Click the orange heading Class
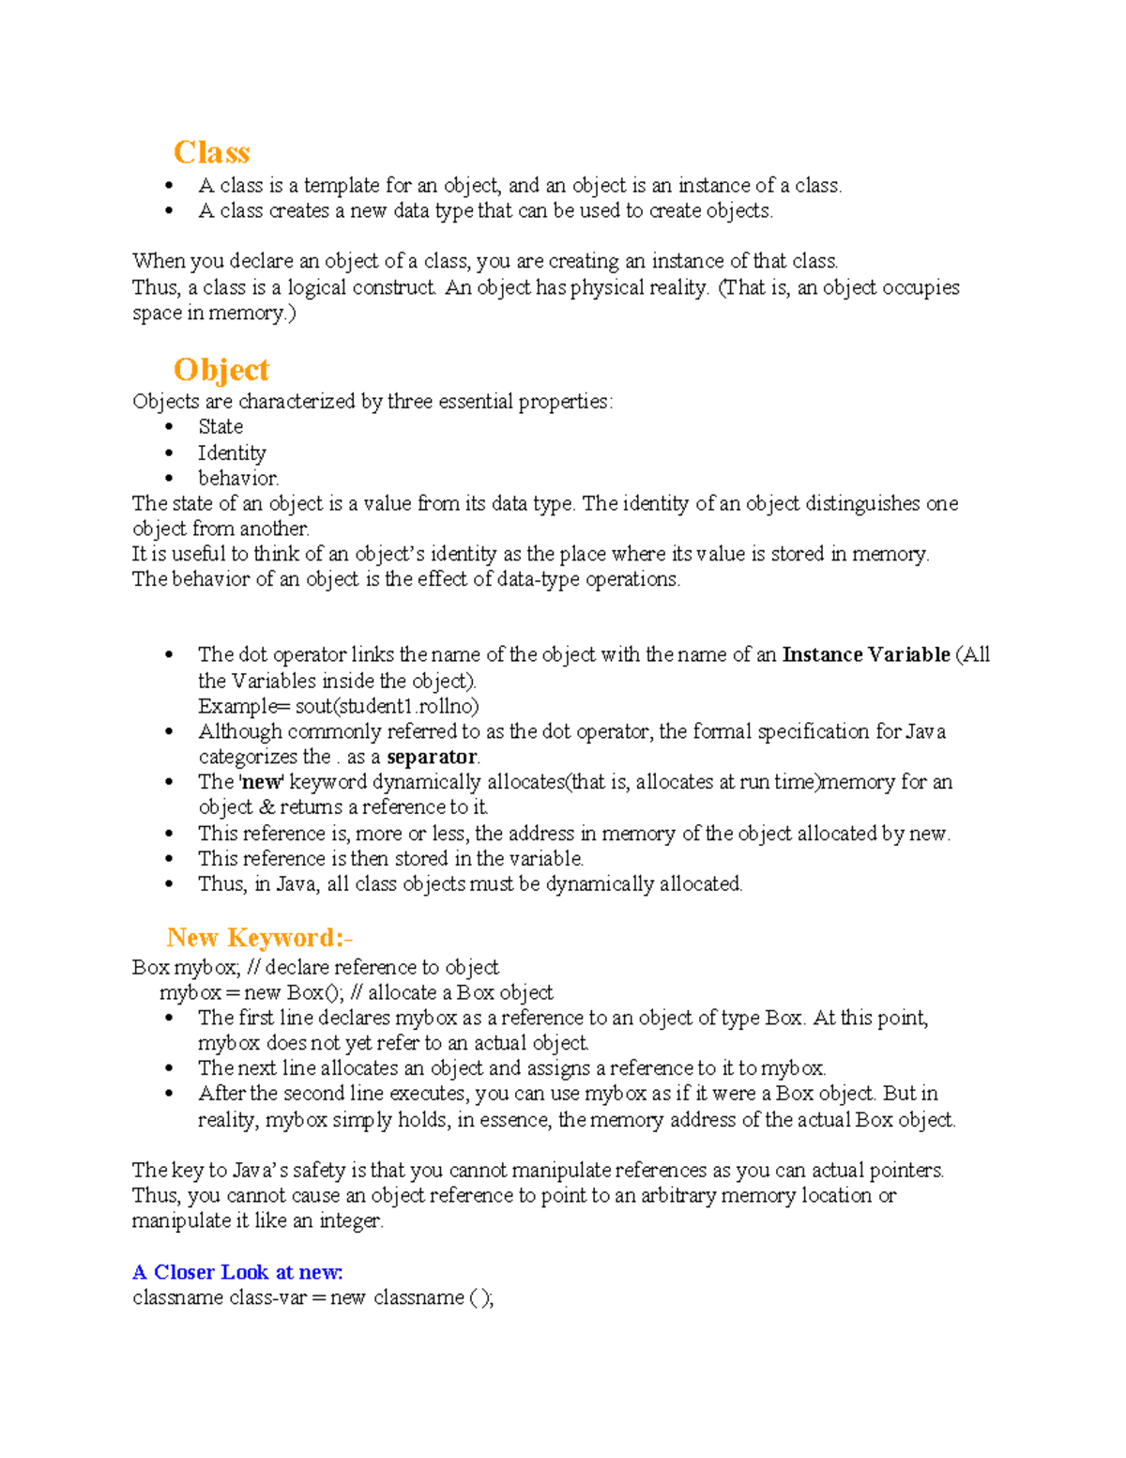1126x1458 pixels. [x=211, y=152]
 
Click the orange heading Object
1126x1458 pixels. [x=221, y=369]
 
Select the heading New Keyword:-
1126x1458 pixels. [x=259, y=937]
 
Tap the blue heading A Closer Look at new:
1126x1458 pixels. [x=237, y=1272]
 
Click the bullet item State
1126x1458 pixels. [x=221, y=426]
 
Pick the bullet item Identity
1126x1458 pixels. [x=232, y=453]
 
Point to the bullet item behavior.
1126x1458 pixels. [x=238, y=478]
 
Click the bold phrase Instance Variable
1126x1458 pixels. [x=865, y=654]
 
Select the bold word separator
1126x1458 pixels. [x=432, y=757]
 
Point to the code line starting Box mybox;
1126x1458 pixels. [x=315, y=967]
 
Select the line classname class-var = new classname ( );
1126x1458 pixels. [x=312, y=1297]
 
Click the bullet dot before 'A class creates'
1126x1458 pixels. [x=169, y=211]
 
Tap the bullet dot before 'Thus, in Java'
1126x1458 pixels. [x=169, y=884]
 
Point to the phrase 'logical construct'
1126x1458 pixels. [x=361, y=287]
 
